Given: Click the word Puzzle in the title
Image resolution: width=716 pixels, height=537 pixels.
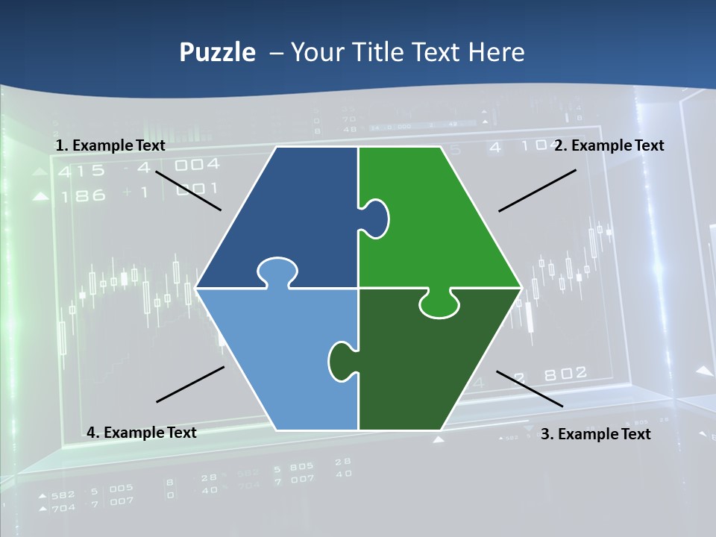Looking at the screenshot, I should [217, 53].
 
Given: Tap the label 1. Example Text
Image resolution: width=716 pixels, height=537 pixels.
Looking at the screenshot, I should [110, 145].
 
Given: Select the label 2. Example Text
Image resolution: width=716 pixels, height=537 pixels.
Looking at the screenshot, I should [609, 145].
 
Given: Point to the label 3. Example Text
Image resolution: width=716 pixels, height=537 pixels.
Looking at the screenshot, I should [595, 434].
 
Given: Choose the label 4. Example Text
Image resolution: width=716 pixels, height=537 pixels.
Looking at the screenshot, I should [142, 433].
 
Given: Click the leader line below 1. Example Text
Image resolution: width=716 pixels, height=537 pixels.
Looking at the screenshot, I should [188, 191].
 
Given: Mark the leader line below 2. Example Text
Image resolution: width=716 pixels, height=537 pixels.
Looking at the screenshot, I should [537, 190].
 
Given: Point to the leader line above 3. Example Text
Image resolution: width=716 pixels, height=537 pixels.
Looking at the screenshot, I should [530, 389].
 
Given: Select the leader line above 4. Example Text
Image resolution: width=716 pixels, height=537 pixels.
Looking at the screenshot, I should [190, 384].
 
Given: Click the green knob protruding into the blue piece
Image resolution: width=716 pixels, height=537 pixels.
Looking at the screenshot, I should [375, 218].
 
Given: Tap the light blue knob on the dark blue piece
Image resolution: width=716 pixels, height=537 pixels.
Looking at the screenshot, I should [277, 271].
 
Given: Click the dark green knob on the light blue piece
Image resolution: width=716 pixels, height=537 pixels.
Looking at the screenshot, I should [342, 360].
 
